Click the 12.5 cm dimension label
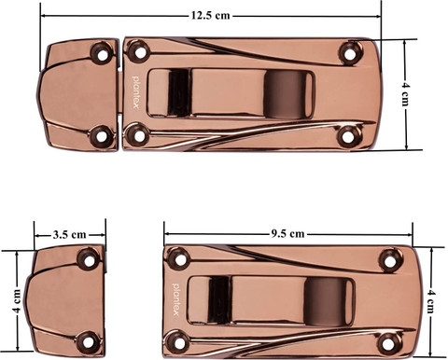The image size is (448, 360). click(x=210, y=16)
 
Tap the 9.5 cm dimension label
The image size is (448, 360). click(x=287, y=233)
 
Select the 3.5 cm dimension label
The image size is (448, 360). click(x=69, y=234)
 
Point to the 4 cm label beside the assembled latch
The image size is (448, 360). click(x=404, y=94)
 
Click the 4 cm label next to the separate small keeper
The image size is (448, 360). click(x=17, y=301)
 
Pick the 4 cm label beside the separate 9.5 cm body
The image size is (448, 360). click(x=431, y=301)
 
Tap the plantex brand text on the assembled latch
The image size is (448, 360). click(x=135, y=92)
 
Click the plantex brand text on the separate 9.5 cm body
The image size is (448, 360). click(x=176, y=299)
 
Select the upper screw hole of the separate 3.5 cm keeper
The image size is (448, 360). click(x=90, y=260)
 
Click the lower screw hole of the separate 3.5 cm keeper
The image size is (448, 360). click(x=89, y=342)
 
